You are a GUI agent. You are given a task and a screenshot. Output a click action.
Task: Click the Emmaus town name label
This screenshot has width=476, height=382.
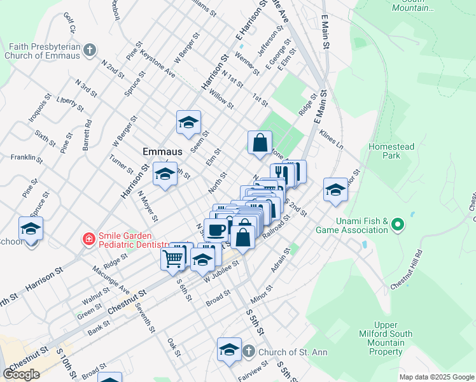(162, 152)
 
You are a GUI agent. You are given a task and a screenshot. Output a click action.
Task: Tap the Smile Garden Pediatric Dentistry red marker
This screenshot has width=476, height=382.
(90, 239)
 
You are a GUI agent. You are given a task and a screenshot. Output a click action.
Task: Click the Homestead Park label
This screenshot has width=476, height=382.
(391, 152)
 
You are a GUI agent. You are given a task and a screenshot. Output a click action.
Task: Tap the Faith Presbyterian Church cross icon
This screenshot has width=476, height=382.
(90, 50)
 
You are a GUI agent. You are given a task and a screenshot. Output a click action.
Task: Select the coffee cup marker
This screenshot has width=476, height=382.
(217, 230)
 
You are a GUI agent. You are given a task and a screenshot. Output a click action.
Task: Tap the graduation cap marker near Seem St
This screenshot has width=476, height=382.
(188, 122)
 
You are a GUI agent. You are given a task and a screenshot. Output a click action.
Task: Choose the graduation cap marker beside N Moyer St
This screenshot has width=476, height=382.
(165, 174)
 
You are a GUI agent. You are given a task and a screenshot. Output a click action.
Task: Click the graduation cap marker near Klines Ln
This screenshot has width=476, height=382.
(335, 189)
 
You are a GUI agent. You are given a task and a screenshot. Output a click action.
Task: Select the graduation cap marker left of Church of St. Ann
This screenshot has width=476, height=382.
(229, 350)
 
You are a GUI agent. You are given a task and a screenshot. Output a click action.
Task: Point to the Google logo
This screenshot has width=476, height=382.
(21, 374)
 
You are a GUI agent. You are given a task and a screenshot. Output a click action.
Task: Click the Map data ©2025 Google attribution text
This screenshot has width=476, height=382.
(436, 377)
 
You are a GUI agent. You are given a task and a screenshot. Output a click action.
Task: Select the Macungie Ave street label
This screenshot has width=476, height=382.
(115, 281)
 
